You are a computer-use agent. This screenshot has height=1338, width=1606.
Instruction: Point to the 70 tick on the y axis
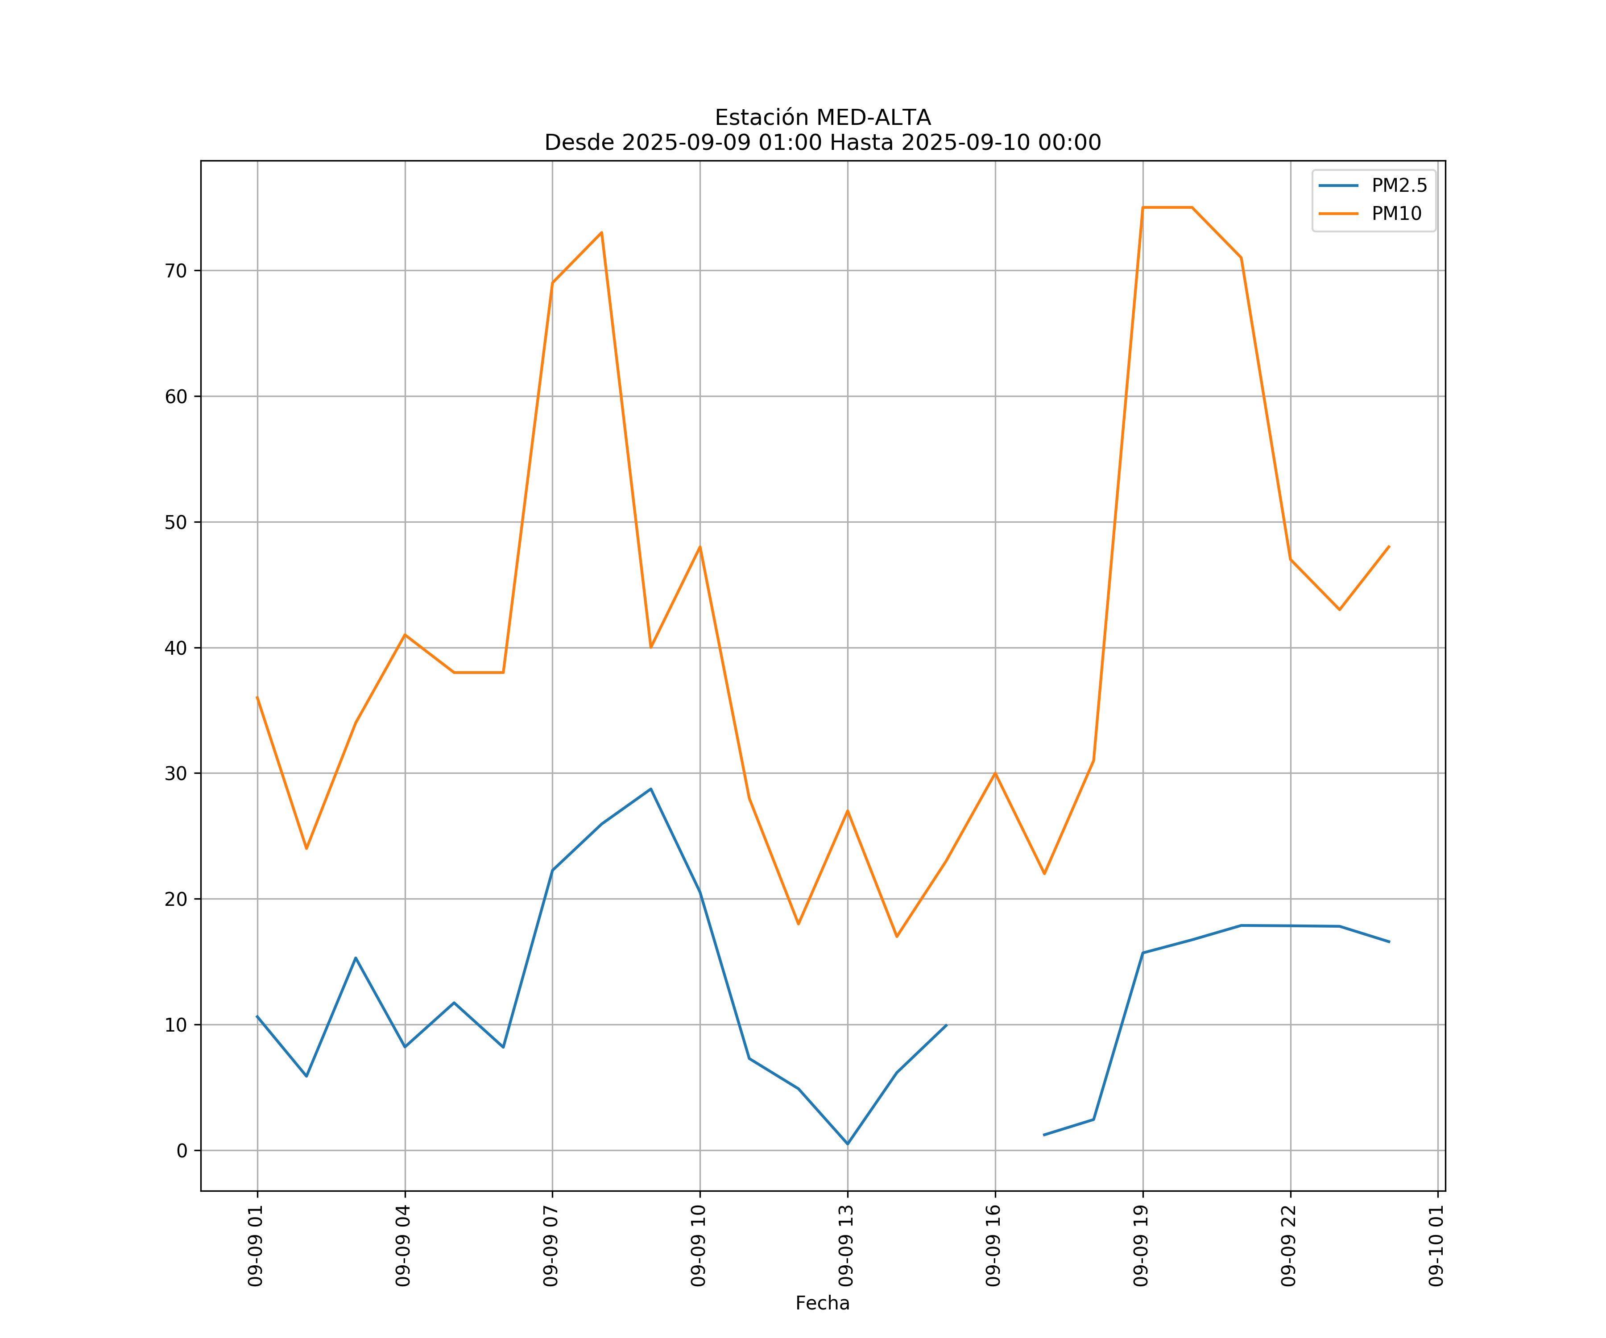point(176,271)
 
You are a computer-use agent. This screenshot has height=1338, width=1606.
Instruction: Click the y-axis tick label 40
point(176,648)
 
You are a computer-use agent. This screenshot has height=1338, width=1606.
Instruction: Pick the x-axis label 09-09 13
point(846,1246)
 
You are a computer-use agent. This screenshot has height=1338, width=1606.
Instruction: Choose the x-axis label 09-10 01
point(1436,1246)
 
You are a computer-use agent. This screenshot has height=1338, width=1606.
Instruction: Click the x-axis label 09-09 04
point(403,1246)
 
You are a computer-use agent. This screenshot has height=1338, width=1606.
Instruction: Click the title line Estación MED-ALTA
point(822,118)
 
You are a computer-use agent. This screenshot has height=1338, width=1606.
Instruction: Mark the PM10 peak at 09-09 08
point(602,232)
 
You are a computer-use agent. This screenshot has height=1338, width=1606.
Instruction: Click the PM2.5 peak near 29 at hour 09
point(651,789)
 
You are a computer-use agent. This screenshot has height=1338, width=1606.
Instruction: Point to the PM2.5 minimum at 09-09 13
point(847,1144)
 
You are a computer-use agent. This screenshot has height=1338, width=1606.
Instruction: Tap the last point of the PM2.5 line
point(1389,942)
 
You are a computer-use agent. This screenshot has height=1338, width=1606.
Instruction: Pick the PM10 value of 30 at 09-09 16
point(995,773)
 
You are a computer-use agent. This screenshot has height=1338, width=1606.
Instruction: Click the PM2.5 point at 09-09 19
point(1142,953)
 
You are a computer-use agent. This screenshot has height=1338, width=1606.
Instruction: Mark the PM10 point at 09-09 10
point(700,547)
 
